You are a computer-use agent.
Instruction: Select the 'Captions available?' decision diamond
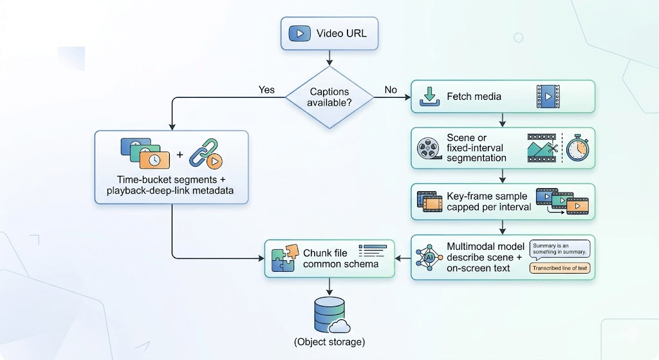pyautogui.click(x=329, y=98)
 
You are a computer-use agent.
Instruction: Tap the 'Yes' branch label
pyautogui.click(x=266, y=90)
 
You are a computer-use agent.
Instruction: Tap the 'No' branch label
pyautogui.click(x=391, y=90)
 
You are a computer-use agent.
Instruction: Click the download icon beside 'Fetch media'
pyautogui.click(x=429, y=97)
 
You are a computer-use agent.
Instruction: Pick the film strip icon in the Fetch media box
pyautogui.click(x=548, y=97)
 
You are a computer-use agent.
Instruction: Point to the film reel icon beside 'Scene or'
pyautogui.click(x=428, y=148)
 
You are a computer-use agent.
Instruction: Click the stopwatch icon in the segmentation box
pyautogui.click(x=577, y=148)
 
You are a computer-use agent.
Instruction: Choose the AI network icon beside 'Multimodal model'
pyautogui.click(x=429, y=256)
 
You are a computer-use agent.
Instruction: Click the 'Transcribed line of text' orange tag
pyautogui.click(x=559, y=268)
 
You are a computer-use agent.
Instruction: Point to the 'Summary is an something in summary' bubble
pyautogui.click(x=559, y=249)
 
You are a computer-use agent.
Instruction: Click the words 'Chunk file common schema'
pyautogui.click(x=331, y=258)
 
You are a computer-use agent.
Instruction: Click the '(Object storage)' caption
pyautogui.click(x=329, y=341)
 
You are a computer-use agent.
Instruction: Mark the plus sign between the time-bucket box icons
pyautogui.click(x=180, y=155)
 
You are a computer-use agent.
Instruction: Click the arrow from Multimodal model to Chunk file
pyautogui.click(x=402, y=258)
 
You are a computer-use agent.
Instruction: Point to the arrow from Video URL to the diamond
pyautogui.click(x=329, y=58)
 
